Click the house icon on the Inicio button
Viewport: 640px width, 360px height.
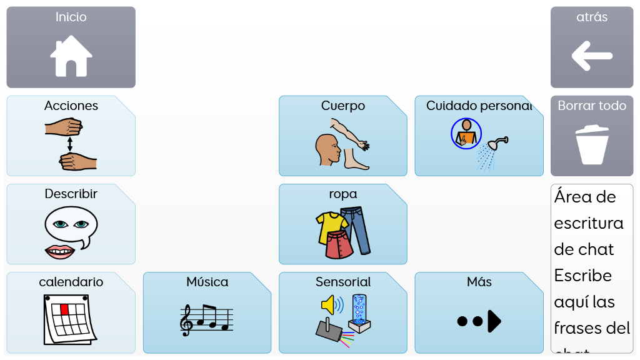[x=71, y=56]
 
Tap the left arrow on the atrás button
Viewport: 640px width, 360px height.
[x=591, y=56]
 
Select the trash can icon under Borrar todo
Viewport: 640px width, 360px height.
[x=591, y=144]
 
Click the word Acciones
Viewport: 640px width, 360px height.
[x=71, y=106]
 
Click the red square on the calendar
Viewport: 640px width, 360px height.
[x=64, y=309]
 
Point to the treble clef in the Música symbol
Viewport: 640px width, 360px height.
[x=186, y=321]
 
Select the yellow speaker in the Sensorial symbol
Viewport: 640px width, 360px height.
[x=329, y=305]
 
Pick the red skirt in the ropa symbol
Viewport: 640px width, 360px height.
[x=339, y=245]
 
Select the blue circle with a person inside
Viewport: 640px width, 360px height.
[x=466, y=133]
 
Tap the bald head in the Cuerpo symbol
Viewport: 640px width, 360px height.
[x=327, y=150]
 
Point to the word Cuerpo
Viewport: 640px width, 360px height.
[x=343, y=106]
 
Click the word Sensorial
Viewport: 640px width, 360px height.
[x=343, y=282]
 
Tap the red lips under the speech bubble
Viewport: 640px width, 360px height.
[x=60, y=252]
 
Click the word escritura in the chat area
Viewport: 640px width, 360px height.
[x=588, y=223]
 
